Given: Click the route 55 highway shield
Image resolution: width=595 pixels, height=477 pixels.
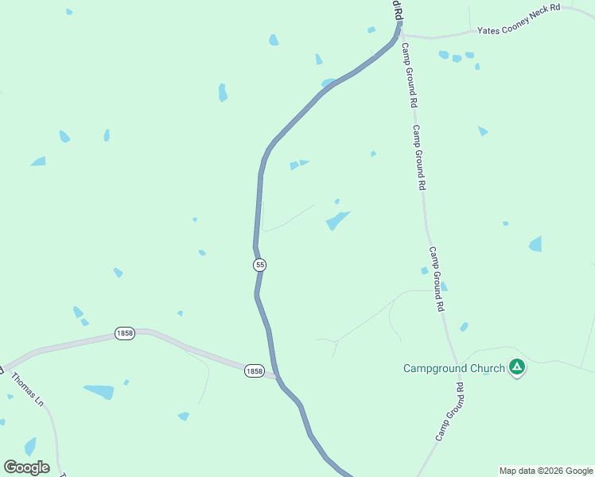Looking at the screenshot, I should tap(260, 264).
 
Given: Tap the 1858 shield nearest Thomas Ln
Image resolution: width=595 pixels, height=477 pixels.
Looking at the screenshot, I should tap(123, 333).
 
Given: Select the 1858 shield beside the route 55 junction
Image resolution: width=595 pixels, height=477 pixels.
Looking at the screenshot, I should tap(254, 371).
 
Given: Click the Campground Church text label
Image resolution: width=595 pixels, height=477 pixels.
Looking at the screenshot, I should tap(453, 368).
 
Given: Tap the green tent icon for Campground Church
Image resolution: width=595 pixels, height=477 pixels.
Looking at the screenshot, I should tap(517, 367).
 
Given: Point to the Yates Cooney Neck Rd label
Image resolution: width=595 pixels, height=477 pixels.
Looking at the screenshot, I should tap(519, 30).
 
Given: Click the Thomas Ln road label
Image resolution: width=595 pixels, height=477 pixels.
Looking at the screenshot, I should tap(27, 389).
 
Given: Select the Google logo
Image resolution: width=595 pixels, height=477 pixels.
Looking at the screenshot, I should tap(26, 467).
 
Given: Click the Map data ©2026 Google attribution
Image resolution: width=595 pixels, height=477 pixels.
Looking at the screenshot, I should tap(546, 471).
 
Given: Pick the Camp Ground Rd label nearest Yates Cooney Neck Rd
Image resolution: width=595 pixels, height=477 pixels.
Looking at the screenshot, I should tap(408, 75).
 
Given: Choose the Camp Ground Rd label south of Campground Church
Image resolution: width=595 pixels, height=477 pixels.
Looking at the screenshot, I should tap(449, 412).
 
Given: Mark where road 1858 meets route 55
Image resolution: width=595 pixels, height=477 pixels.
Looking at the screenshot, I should tap(276, 376).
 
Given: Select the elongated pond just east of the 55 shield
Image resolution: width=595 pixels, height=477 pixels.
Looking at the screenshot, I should tap(337, 220).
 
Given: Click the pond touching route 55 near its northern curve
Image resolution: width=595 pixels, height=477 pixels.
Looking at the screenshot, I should tap(328, 83).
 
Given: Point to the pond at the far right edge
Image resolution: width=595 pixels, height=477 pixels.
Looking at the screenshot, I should tap(535, 244).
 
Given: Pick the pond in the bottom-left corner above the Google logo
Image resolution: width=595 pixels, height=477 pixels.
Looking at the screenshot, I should tap(30, 446).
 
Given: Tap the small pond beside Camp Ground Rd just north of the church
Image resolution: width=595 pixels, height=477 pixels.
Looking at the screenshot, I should tap(464, 327).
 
